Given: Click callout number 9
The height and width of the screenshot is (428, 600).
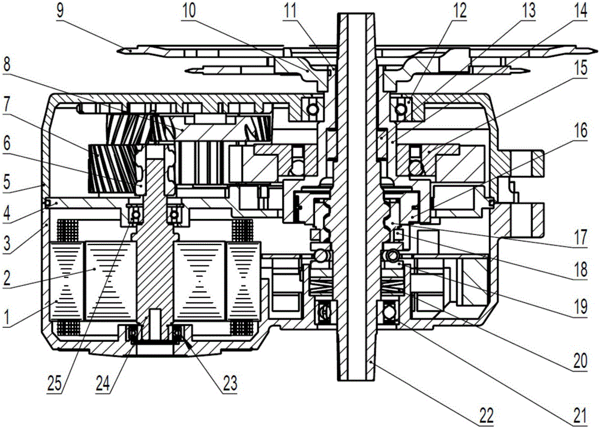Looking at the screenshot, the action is pos(61,11).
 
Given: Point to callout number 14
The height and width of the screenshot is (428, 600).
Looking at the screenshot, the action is pos(579,11).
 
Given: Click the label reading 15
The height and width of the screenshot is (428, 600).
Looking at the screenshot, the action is pos(579,69).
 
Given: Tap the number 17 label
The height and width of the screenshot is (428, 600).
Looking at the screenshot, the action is pos(580,237).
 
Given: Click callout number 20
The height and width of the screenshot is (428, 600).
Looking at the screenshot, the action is pos(580,361).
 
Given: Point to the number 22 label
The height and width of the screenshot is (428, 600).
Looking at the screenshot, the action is pos(485,415).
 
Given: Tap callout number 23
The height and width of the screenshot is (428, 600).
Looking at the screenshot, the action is pos(230,383).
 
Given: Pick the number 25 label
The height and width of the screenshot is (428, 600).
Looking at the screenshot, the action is pos(55,383).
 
